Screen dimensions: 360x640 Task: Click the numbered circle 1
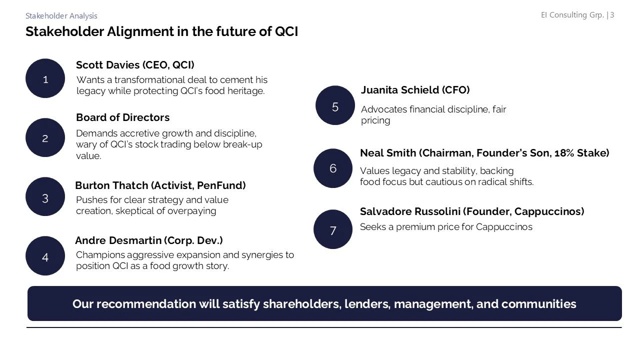[x=45, y=79]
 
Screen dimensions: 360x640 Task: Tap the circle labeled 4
[x=45, y=257]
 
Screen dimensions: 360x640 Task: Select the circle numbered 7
[x=333, y=230]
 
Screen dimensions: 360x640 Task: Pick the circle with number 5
[x=335, y=106]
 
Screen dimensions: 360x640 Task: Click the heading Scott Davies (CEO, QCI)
[x=135, y=65]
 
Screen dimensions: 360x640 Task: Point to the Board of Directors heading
[x=122, y=117]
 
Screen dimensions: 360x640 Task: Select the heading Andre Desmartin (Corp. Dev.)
[x=148, y=240]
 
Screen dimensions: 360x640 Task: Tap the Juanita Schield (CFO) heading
[x=415, y=90]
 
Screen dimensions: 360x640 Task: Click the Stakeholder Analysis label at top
[x=61, y=16]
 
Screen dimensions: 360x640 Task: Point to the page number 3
[x=612, y=15]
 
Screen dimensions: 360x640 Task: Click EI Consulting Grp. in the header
[x=572, y=15]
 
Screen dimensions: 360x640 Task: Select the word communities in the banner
[x=538, y=304]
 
